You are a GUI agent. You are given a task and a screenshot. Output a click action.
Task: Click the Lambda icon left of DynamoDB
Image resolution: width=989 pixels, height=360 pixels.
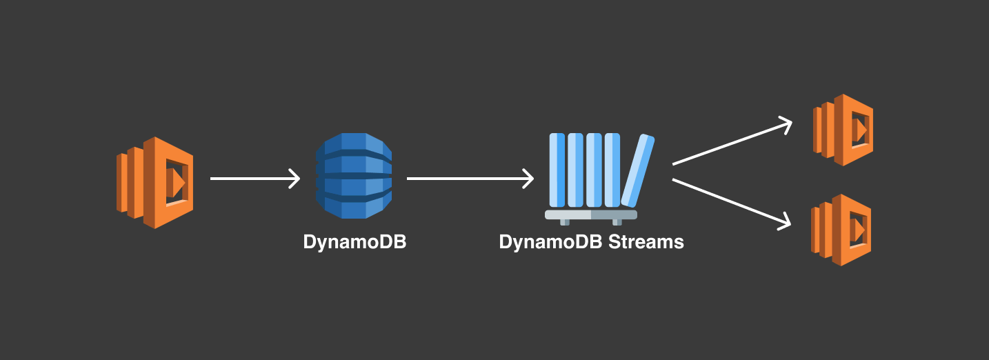[155, 182]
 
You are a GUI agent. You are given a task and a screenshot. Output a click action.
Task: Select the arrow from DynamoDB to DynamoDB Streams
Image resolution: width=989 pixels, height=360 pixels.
[469, 179]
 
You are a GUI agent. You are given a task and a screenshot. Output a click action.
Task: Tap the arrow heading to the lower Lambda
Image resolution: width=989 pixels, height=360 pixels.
[731, 202]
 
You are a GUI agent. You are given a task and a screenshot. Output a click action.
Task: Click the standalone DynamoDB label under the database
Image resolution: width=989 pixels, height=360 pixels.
[354, 243]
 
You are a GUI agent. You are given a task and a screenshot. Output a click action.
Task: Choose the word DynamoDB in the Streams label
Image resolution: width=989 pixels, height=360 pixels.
[550, 243]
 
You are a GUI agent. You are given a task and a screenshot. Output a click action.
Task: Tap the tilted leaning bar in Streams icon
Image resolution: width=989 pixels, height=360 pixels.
[638, 171]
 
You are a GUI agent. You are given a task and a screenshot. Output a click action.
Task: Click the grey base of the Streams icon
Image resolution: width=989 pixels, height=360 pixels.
[591, 215]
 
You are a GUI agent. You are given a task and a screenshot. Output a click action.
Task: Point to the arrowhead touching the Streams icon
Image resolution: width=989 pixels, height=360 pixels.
[528, 179]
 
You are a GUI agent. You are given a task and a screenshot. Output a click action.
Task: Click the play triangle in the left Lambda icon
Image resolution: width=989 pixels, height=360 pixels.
[178, 183]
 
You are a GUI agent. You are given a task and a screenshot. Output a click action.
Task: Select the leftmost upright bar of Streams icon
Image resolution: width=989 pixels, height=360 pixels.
[557, 170]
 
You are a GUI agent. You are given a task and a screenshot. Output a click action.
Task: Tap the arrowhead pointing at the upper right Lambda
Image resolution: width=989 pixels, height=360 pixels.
[786, 124]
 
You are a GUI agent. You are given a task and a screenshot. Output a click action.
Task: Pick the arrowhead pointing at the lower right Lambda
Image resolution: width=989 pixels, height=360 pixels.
[784, 222]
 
